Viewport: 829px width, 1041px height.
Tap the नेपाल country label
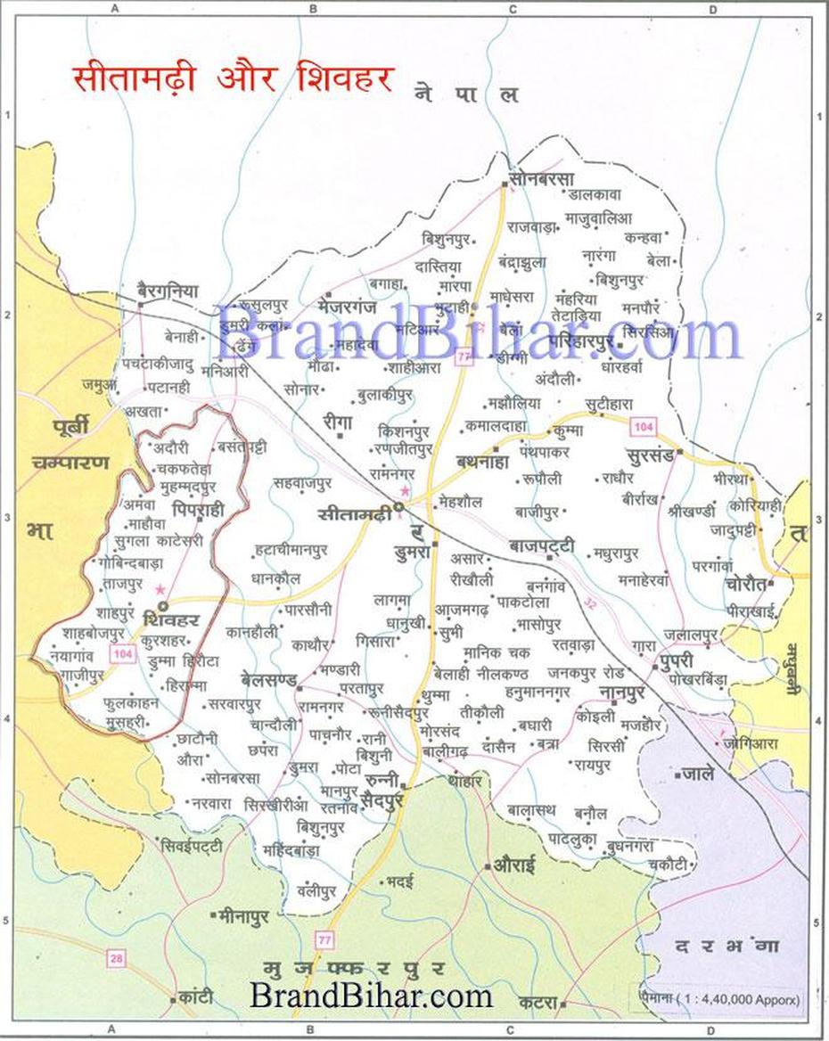(466, 94)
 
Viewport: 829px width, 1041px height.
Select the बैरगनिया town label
(168, 291)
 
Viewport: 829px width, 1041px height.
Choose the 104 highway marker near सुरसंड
(644, 428)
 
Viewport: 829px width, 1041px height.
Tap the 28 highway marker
(115, 958)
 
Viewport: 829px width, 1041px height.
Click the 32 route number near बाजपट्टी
(590, 603)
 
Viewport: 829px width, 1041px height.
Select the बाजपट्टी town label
(542, 545)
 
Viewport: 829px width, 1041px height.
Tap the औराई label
(513, 865)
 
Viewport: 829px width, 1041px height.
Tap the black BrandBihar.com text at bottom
(371, 994)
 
